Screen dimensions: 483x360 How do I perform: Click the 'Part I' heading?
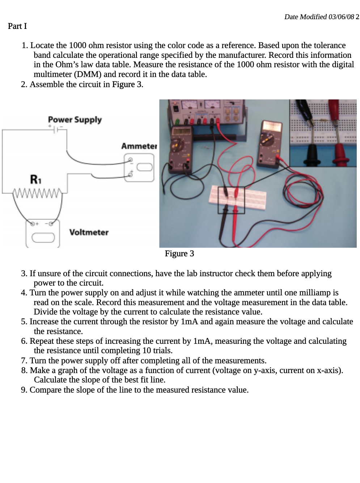pyautogui.click(x=17, y=26)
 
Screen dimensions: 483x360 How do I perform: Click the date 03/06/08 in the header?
pyautogui.click(x=341, y=17)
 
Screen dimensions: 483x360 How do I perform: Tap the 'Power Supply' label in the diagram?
pyautogui.click(x=75, y=120)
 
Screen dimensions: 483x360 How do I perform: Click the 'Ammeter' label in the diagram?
pyautogui.click(x=139, y=146)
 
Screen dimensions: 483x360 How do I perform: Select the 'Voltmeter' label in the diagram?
pyautogui.click(x=89, y=232)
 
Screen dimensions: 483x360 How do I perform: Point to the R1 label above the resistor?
pyautogui.click(x=35, y=179)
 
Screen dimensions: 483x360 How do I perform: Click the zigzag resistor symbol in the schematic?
pyautogui.click(x=37, y=193)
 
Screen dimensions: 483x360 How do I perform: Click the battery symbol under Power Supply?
pyautogui.click(x=55, y=129)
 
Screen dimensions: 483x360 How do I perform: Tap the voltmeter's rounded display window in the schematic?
pyautogui.click(x=43, y=238)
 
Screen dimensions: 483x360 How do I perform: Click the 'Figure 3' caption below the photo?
pyautogui.click(x=179, y=253)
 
